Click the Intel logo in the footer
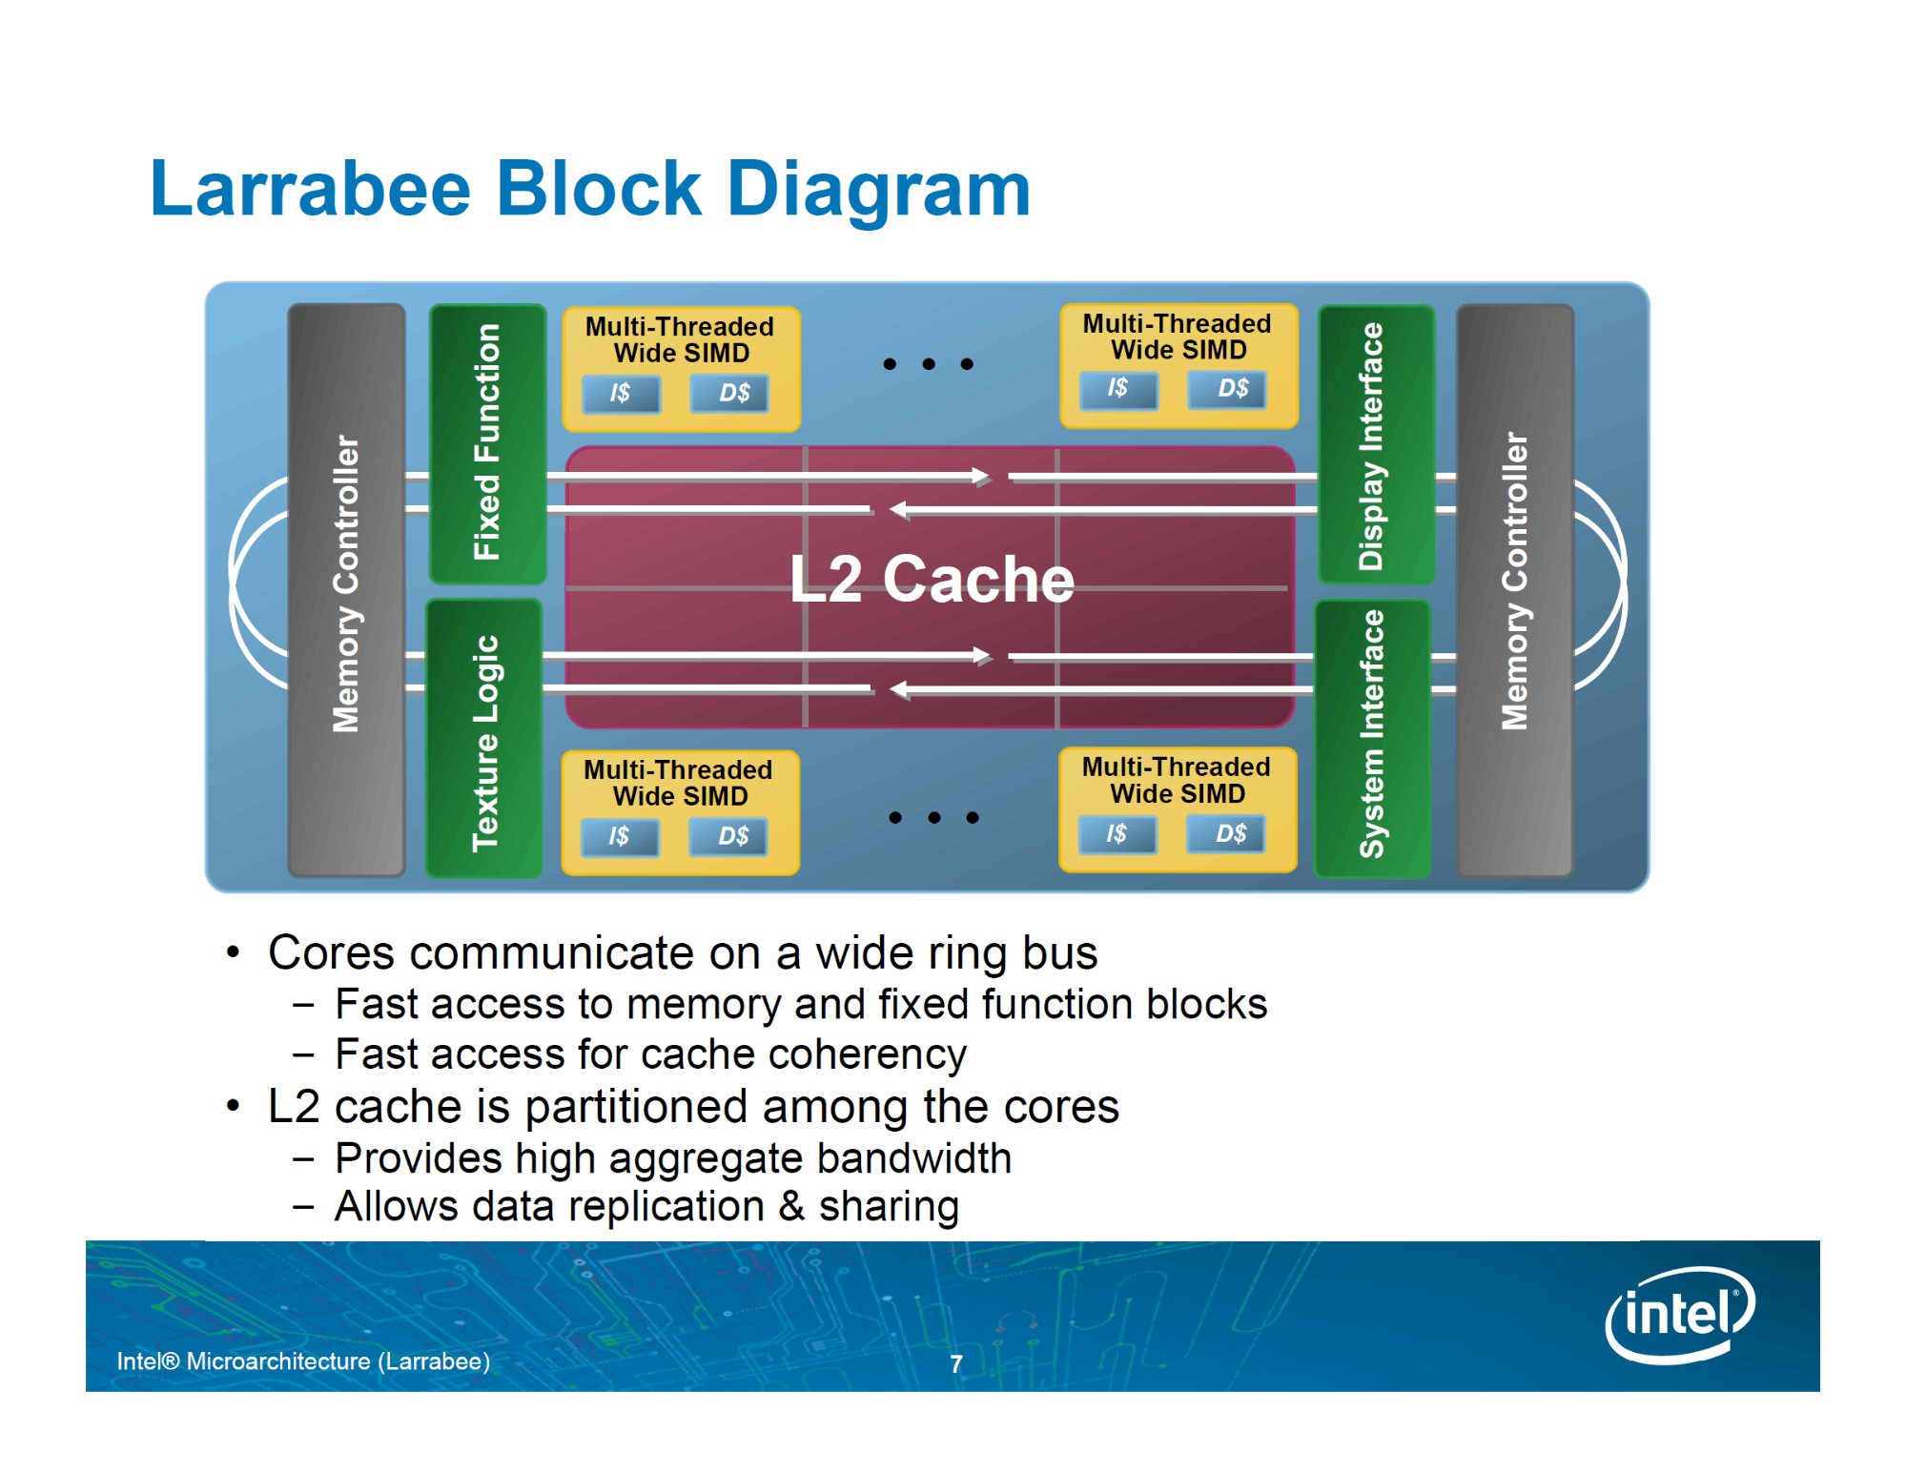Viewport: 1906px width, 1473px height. (1680, 1315)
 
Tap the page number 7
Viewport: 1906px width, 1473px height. (955, 1364)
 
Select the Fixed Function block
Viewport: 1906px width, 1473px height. (487, 443)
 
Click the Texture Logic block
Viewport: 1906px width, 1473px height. (484, 739)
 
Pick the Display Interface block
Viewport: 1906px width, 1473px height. (1376, 444)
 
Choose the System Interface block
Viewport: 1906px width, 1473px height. (1372, 739)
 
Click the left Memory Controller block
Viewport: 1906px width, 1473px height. (347, 589)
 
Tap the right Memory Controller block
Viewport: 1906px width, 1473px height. (1515, 589)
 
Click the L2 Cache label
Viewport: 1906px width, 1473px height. (932, 579)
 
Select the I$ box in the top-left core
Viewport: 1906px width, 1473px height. (621, 393)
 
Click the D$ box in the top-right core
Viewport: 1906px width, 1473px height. (1227, 389)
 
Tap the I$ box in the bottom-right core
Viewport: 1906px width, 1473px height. (1117, 834)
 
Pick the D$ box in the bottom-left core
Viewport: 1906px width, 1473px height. (728, 837)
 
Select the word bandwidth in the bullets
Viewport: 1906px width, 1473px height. (914, 1158)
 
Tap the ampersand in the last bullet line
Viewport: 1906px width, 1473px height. (791, 1206)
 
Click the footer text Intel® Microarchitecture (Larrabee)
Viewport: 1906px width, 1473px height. (303, 1361)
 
